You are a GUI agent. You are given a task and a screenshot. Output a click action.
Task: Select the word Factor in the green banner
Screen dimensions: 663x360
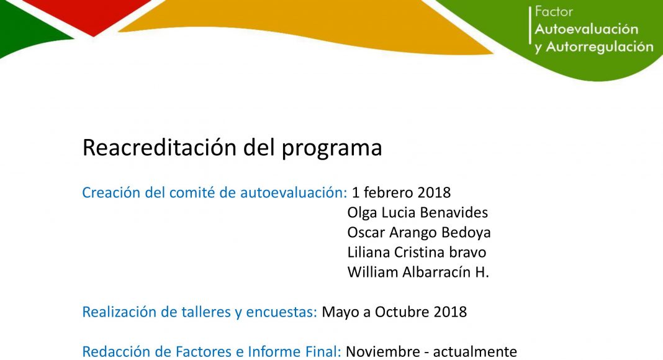tap(554, 11)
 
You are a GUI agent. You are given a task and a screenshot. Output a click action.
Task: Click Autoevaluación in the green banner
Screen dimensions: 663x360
tap(587, 29)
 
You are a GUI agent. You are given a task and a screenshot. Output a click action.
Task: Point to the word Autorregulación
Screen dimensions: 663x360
tap(600, 47)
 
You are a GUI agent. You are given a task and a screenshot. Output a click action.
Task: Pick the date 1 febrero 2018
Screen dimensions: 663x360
tap(401, 192)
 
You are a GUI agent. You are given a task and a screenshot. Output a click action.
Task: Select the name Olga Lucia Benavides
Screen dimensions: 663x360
tap(418, 212)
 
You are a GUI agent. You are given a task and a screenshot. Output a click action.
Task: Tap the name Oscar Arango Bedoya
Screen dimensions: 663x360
tap(419, 232)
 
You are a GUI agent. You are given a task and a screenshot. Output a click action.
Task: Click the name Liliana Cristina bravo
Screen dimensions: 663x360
tap(417, 252)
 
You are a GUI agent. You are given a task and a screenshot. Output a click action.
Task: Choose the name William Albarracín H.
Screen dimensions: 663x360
tap(418, 272)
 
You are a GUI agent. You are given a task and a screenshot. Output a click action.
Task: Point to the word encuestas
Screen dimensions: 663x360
tap(282, 312)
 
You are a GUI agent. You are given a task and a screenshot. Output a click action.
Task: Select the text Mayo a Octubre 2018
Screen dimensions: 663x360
tap(394, 312)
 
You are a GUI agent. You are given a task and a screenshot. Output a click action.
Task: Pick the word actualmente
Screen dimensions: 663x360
tap(475, 351)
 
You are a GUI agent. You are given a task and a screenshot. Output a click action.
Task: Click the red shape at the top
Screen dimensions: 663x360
tap(93, 15)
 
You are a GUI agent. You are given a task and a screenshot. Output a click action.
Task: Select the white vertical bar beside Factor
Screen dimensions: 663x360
tap(530, 25)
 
